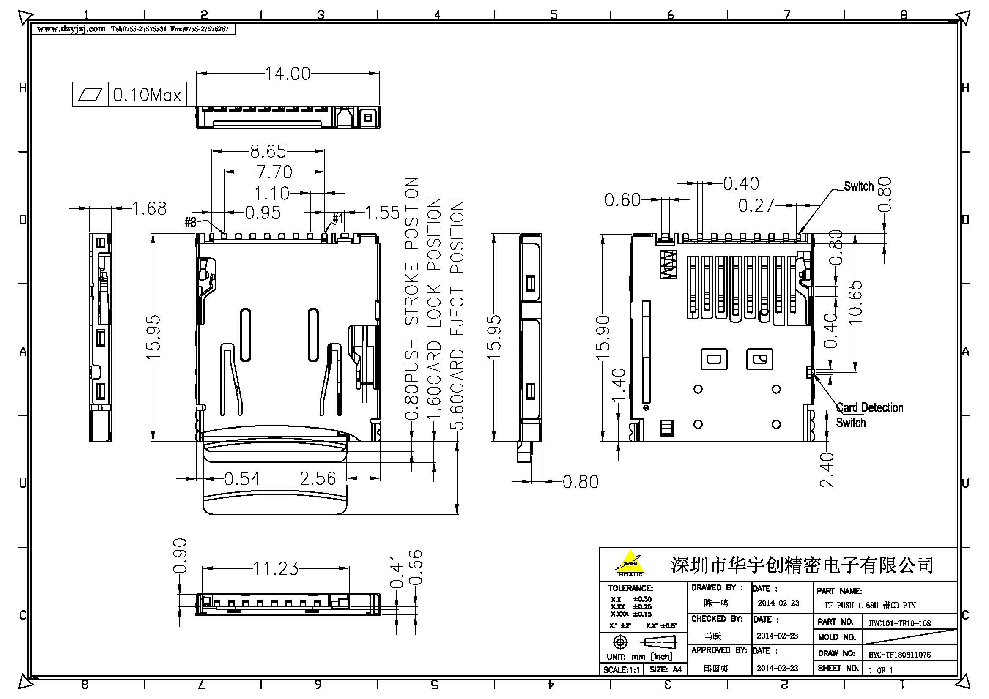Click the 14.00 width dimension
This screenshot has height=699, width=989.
(287, 74)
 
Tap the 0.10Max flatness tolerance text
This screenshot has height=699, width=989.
(147, 95)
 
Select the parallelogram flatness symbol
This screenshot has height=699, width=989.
(90, 94)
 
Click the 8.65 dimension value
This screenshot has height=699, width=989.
(268, 151)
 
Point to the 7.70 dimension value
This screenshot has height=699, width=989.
(274, 172)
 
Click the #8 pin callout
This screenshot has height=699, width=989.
(190, 222)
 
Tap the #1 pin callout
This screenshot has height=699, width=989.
(338, 218)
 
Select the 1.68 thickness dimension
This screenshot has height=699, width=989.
(149, 209)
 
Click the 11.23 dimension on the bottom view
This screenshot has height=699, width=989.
(276, 568)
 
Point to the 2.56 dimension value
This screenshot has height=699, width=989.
(318, 478)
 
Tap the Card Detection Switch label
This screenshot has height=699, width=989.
(869, 415)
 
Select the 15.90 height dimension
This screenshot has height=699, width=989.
(603, 338)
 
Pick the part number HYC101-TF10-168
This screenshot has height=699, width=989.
(899, 623)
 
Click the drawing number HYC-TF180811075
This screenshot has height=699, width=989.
(899, 655)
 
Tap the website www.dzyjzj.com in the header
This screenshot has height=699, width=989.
(71, 29)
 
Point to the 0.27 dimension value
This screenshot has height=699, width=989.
(756, 206)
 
